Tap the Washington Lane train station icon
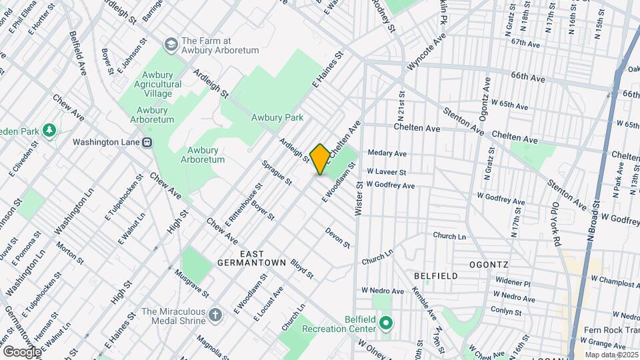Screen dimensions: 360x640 [x=147, y=141]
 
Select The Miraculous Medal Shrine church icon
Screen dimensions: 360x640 [x=215, y=314]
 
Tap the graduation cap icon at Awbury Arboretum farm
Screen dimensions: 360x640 [x=171, y=44]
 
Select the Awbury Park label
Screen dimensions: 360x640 [x=277, y=118]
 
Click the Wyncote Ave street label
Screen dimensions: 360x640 [x=427, y=53]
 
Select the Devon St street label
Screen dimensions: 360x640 [x=338, y=237]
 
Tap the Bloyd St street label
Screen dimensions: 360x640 [x=301, y=269]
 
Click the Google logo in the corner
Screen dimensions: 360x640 [x=21, y=351]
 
